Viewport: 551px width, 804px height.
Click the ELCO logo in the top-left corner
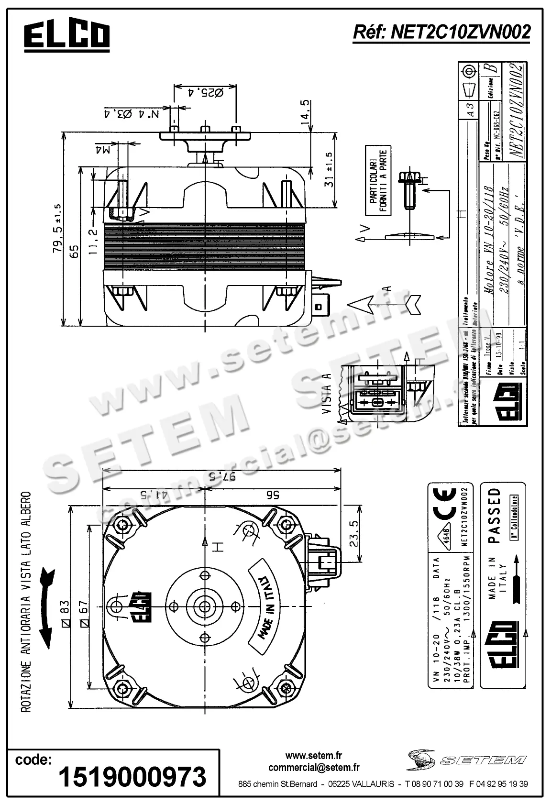(67, 35)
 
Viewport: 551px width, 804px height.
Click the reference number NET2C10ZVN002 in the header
(441, 32)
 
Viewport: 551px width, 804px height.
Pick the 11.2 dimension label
(93, 241)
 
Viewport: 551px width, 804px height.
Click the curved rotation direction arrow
(47, 608)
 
